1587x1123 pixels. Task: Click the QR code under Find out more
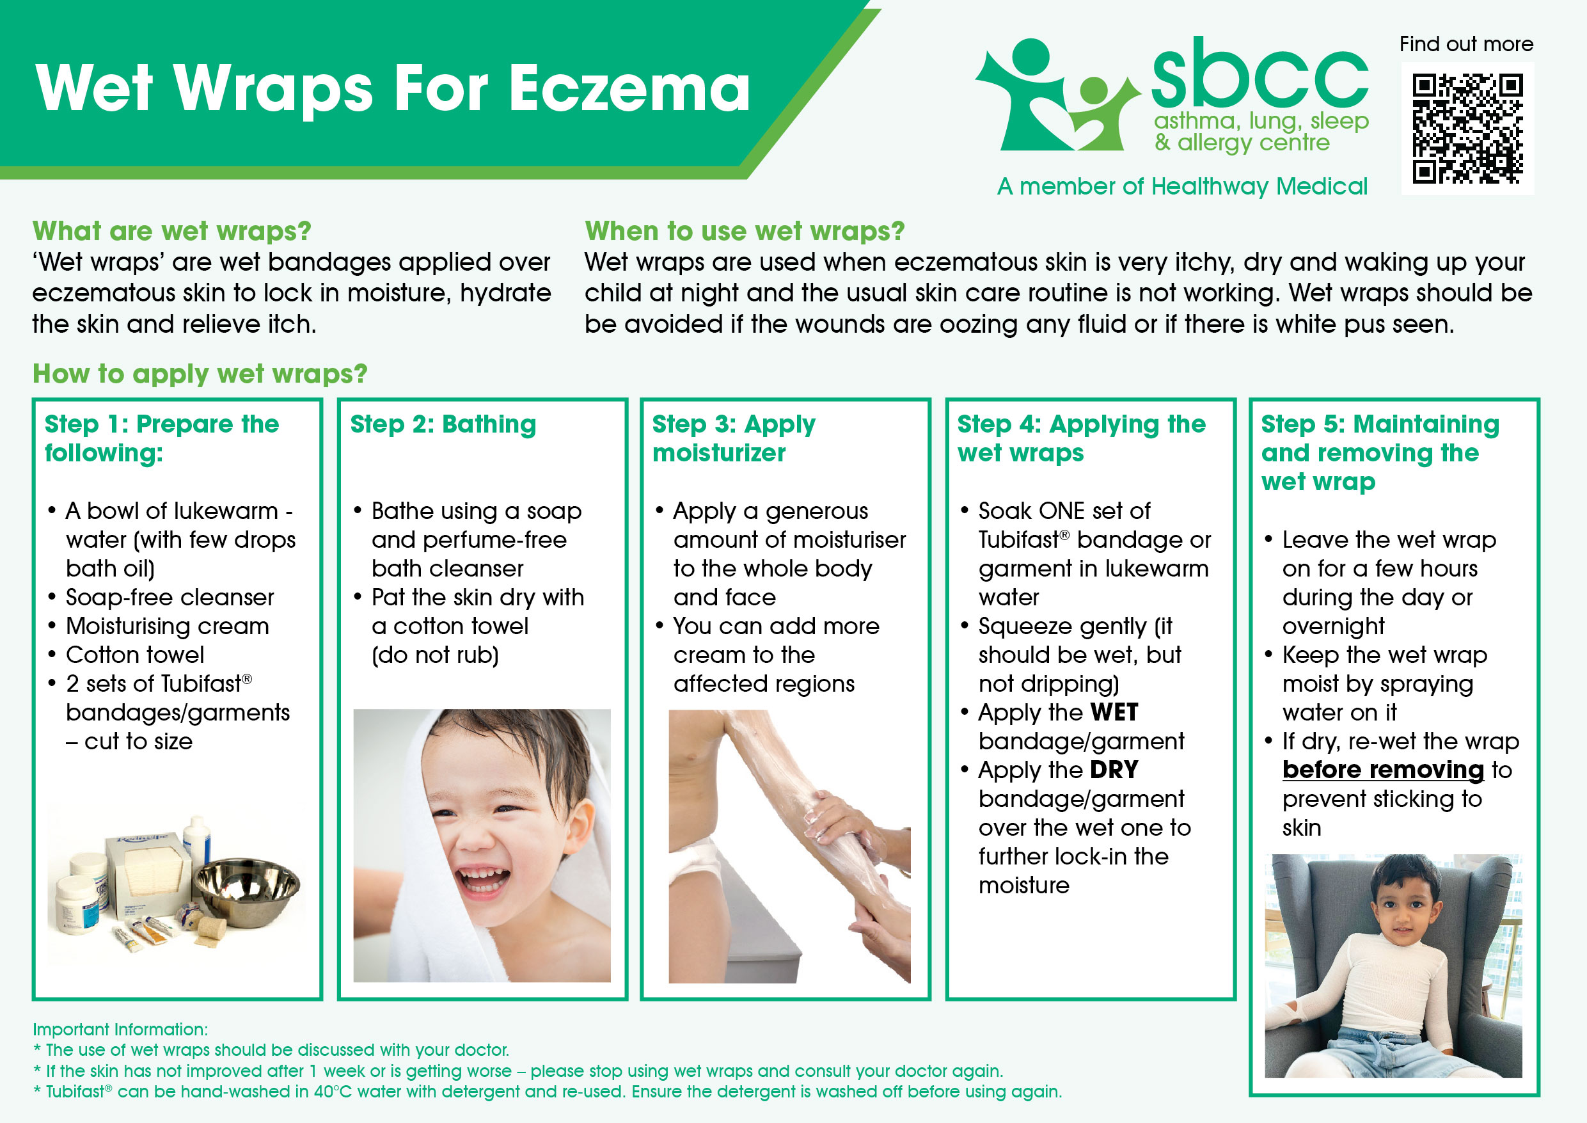click(1467, 129)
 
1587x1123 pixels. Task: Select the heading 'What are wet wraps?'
click(172, 231)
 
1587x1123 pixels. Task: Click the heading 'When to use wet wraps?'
click(745, 231)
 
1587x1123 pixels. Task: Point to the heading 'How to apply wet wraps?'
click(200, 374)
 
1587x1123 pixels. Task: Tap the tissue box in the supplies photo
click(146, 875)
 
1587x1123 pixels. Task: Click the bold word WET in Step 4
click(1114, 712)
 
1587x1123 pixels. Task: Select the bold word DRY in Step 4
click(1114, 770)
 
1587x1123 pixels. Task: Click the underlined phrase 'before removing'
click(1383, 770)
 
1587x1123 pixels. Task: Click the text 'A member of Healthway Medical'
click(1182, 186)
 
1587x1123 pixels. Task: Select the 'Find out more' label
click(1466, 44)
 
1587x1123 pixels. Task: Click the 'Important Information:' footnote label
click(120, 1030)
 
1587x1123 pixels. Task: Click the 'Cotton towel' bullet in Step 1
click(135, 655)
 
